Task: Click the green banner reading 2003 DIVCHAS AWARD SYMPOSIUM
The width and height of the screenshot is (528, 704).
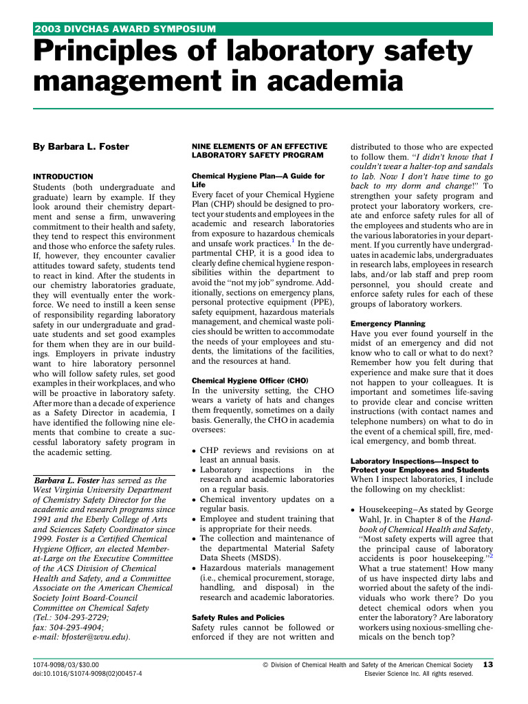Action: (126, 29)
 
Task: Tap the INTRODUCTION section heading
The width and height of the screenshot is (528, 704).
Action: (63, 177)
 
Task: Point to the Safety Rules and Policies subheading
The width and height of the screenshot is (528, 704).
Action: (237, 617)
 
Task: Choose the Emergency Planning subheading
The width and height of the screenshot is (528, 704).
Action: (388, 323)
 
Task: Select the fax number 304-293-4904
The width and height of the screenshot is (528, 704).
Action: (76, 627)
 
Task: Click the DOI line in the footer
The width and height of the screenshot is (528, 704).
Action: (87, 674)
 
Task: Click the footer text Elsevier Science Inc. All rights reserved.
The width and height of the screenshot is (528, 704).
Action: (418, 674)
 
